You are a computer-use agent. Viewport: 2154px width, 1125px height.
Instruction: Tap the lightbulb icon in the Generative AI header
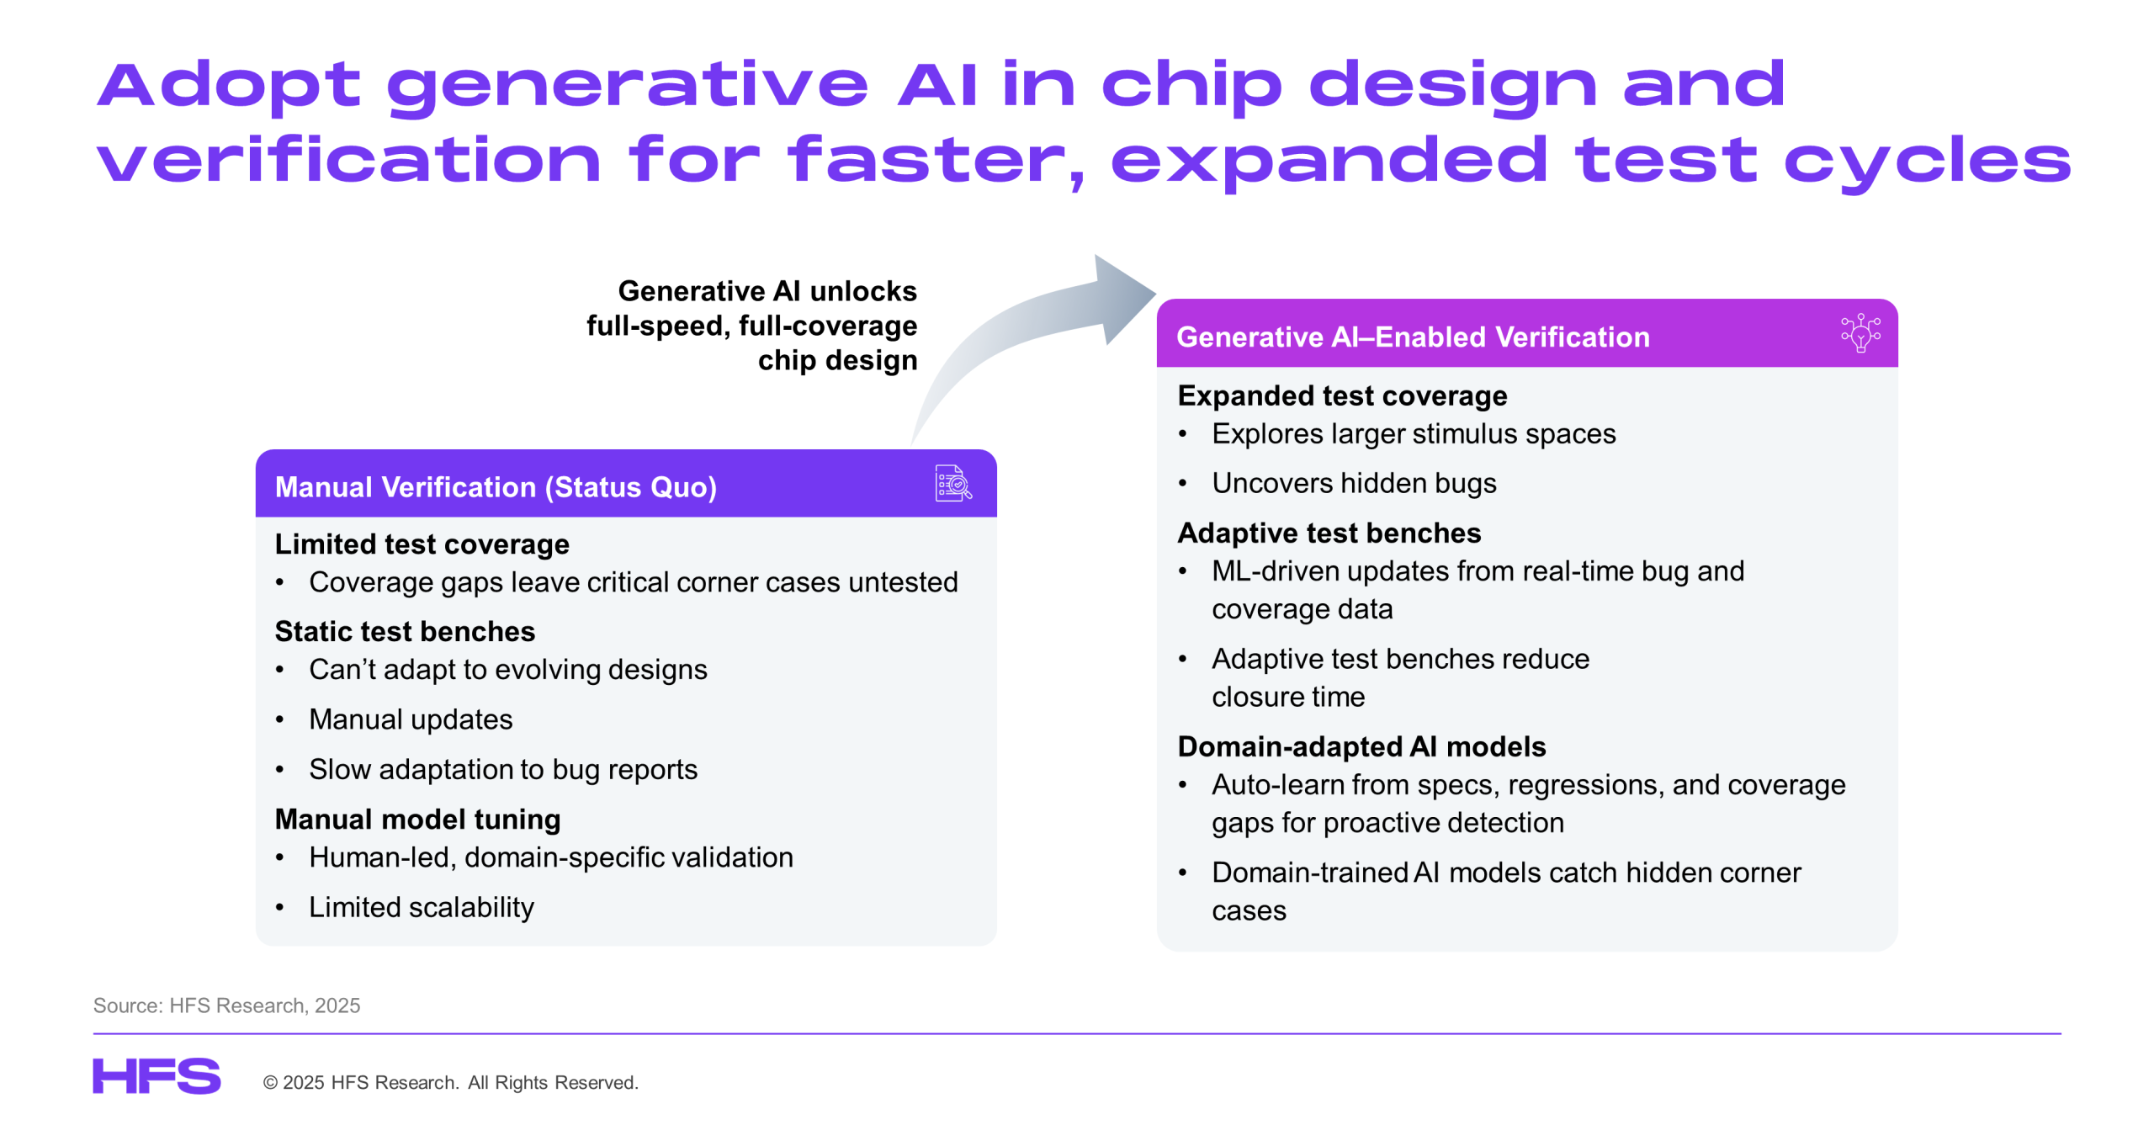(x=1860, y=332)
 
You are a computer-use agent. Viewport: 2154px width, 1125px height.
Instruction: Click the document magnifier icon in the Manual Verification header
(x=952, y=483)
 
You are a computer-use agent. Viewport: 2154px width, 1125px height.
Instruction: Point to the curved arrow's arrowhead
(x=1124, y=299)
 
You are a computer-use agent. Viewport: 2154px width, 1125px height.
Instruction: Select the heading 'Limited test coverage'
(x=422, y=544)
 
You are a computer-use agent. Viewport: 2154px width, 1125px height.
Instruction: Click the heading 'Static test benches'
(x=405, y=631)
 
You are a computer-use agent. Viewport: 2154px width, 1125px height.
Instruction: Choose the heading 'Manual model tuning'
(x=417, y=819)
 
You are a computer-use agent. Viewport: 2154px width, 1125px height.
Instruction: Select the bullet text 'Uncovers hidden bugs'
(x=1354, y=483)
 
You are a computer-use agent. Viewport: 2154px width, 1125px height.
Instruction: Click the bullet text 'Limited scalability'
(x=421, y=906)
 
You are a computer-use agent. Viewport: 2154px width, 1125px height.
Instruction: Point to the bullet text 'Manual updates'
(x=411, y=719)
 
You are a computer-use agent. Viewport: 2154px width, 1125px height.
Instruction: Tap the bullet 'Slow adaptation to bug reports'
(x=503, y=769)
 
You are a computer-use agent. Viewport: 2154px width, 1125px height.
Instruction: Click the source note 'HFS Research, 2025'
(x=264, y=1005)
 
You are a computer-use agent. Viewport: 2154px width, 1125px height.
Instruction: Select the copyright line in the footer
(x=450, y=1082)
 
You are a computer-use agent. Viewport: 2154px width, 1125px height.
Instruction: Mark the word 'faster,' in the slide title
(x=935, y=160)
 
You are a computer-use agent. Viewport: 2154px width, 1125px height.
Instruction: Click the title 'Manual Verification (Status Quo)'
(x=496, y=486)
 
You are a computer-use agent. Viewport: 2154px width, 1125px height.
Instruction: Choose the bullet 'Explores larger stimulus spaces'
(x=1414, y=433)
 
